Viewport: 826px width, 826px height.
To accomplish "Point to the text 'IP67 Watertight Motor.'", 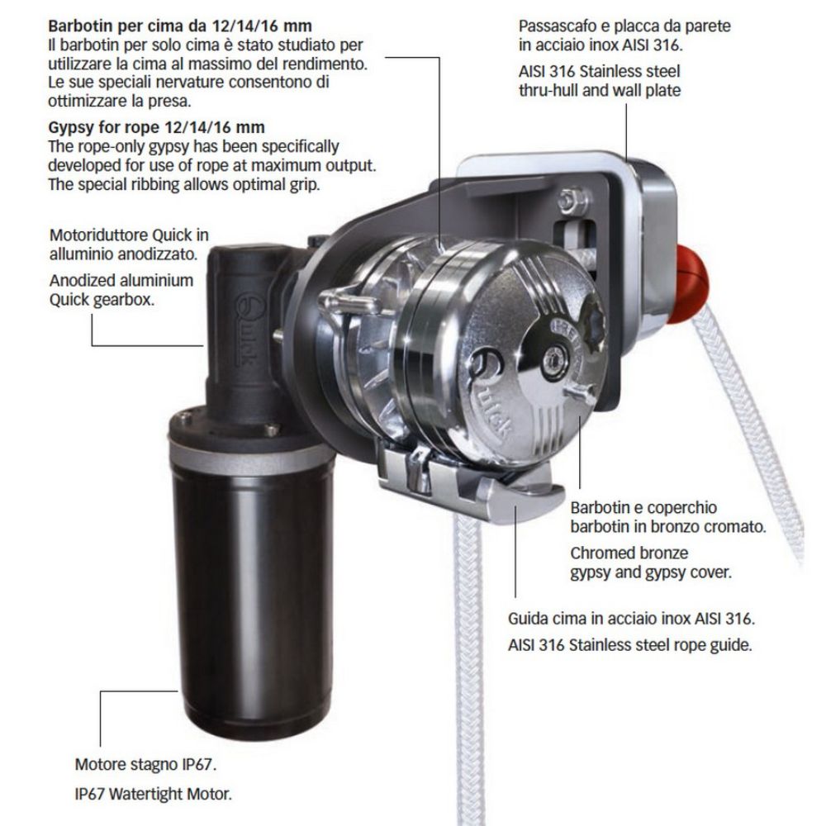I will (153, 795).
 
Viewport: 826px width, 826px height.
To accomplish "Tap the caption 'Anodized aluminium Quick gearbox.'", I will (121, 289).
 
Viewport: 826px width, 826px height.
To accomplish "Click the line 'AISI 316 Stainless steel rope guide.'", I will (629, 645).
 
